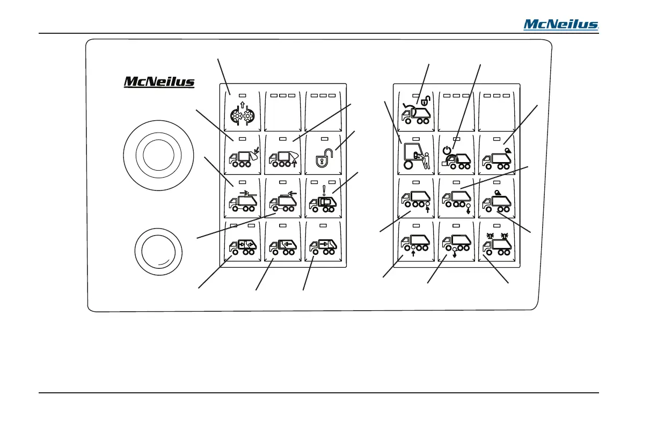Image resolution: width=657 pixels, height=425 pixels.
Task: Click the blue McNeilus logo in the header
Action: pyautogui.click(x=561, y=24)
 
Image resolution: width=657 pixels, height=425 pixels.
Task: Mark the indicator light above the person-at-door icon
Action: pyautogui.click(x=416, y=140)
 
